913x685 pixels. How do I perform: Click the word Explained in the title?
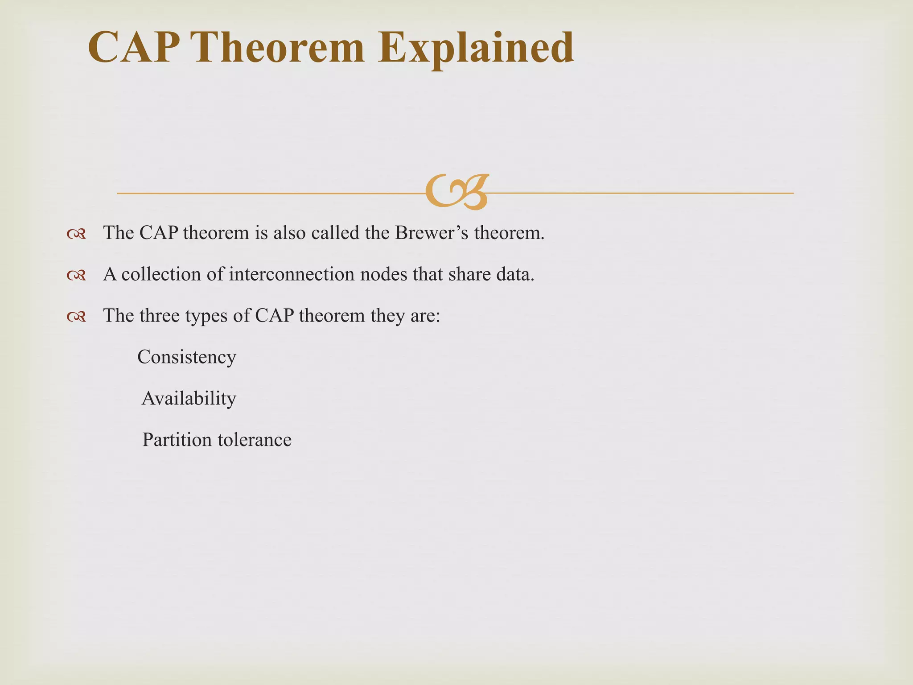(x=476, y=48)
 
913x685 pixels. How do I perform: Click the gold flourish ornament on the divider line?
(x=457, y=192)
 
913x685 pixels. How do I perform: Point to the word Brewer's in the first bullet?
(x=432, y=233)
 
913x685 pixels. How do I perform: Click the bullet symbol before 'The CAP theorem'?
(x=76, y=234)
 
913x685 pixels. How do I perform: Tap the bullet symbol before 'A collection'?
(x=76, y=275)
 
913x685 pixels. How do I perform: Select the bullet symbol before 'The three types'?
(x=76, y=317)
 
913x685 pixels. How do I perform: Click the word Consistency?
(x=186, y=357)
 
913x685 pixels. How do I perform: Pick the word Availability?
(x=189, y=398)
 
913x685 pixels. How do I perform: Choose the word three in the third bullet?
(x=159, y=316)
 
